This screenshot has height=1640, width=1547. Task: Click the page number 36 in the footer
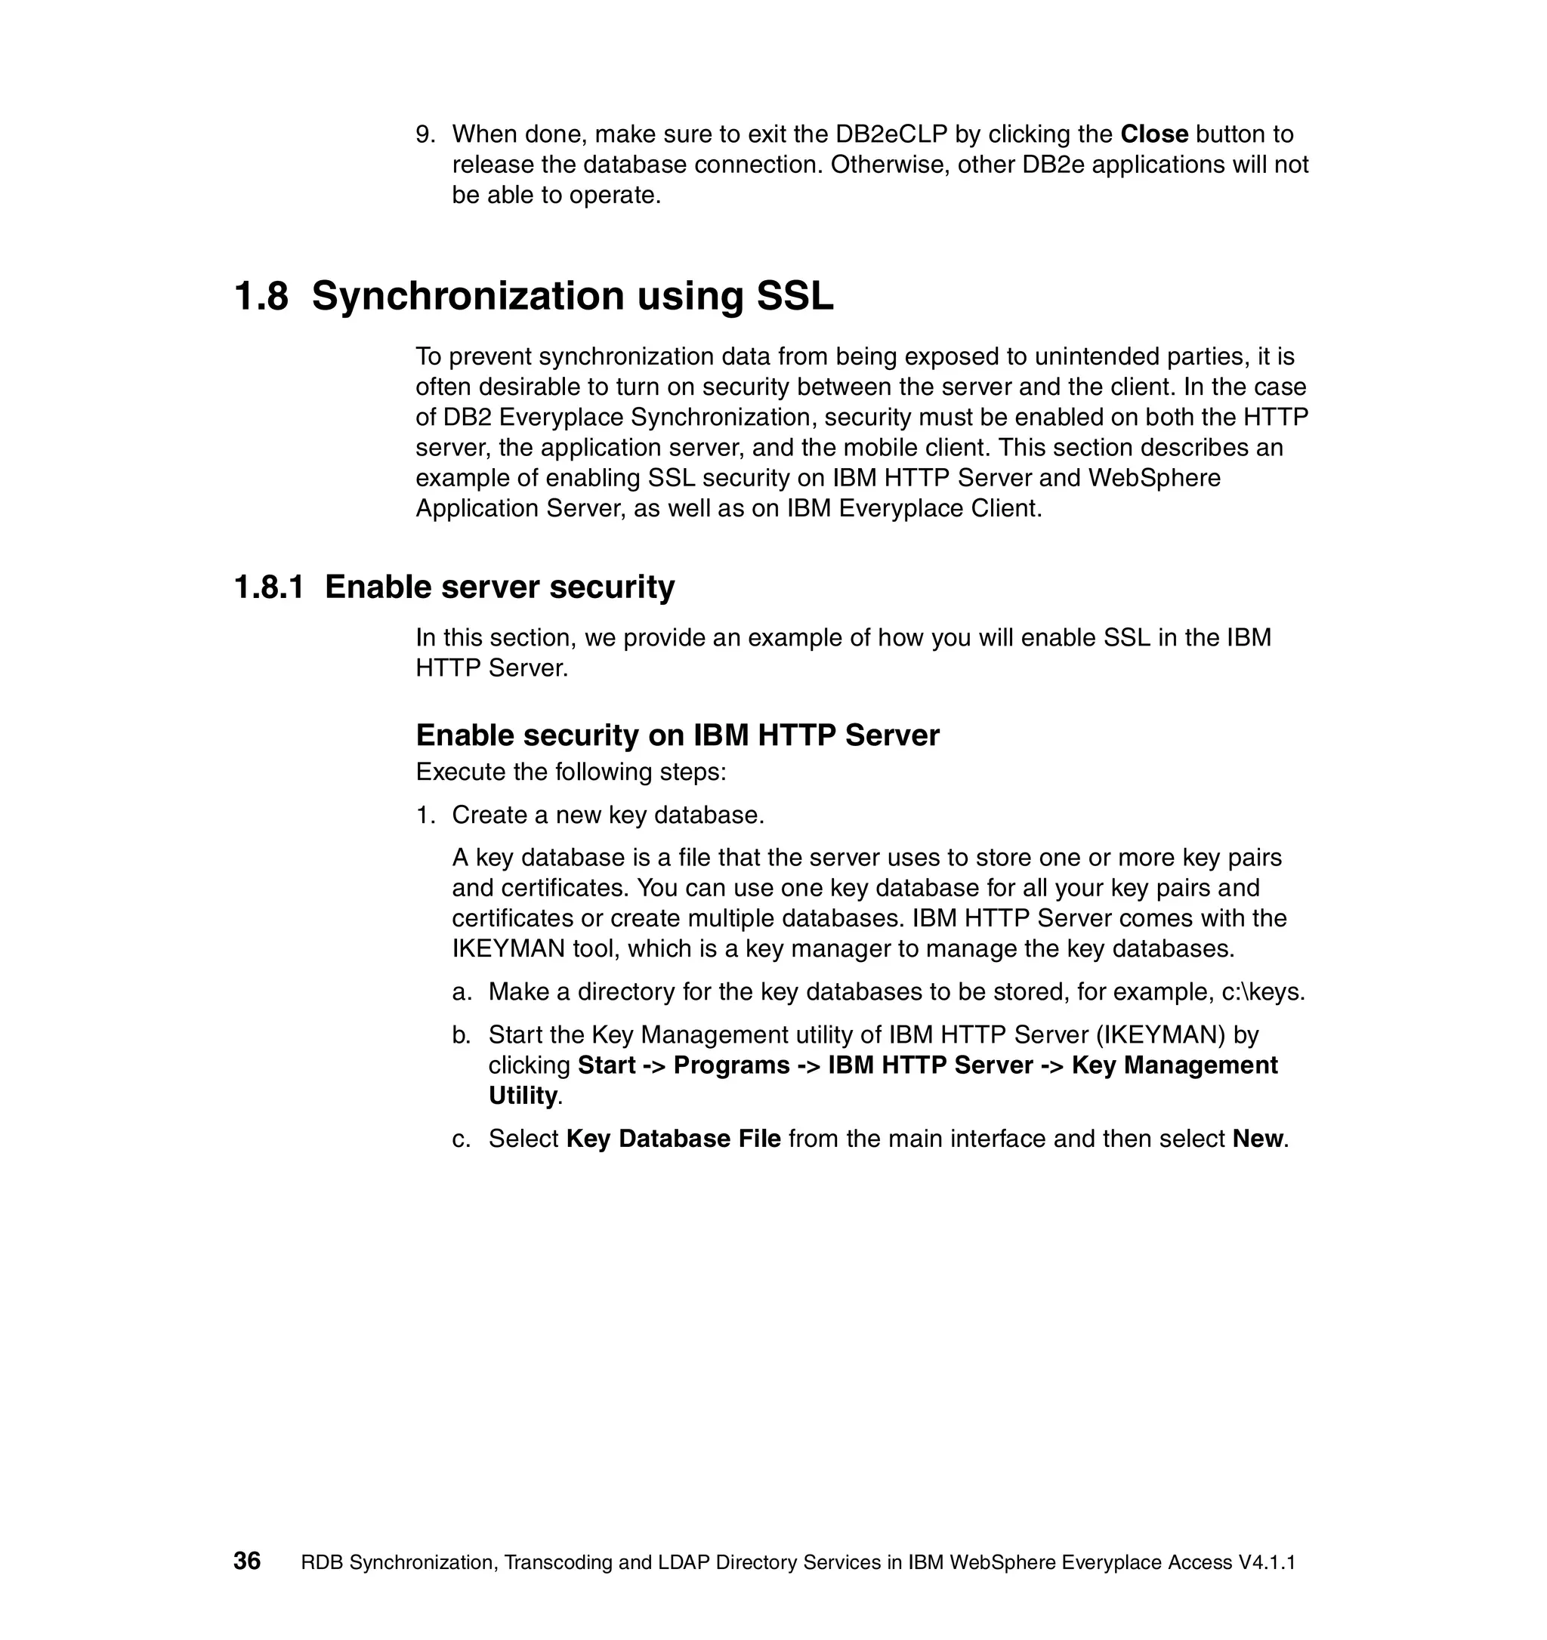point(247,1561)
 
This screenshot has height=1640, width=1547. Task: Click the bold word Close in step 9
point(1153,134)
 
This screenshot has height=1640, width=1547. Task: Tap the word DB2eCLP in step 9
point(891,134)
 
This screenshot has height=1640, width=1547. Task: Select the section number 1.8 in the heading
point(261,296)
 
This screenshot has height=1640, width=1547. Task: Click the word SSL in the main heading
point(795,296)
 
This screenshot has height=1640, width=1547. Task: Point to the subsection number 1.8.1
point(269,587)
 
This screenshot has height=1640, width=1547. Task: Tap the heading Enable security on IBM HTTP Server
point(677,735)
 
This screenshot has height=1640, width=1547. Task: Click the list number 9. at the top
point(425,134)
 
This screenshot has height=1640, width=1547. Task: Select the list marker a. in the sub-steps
point(462,991)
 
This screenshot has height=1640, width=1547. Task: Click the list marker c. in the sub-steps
point(462,1139)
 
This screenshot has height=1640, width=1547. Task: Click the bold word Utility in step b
point(523,1096)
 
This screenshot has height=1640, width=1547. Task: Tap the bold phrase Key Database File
point(673,1139)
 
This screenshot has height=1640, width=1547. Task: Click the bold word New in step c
point(1258,1139)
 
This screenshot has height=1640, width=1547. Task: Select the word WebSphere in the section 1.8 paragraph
point(1154,479)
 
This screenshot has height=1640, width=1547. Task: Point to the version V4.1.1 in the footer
point(1267,1562)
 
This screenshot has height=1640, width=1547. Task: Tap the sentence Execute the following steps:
point(571,772)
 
